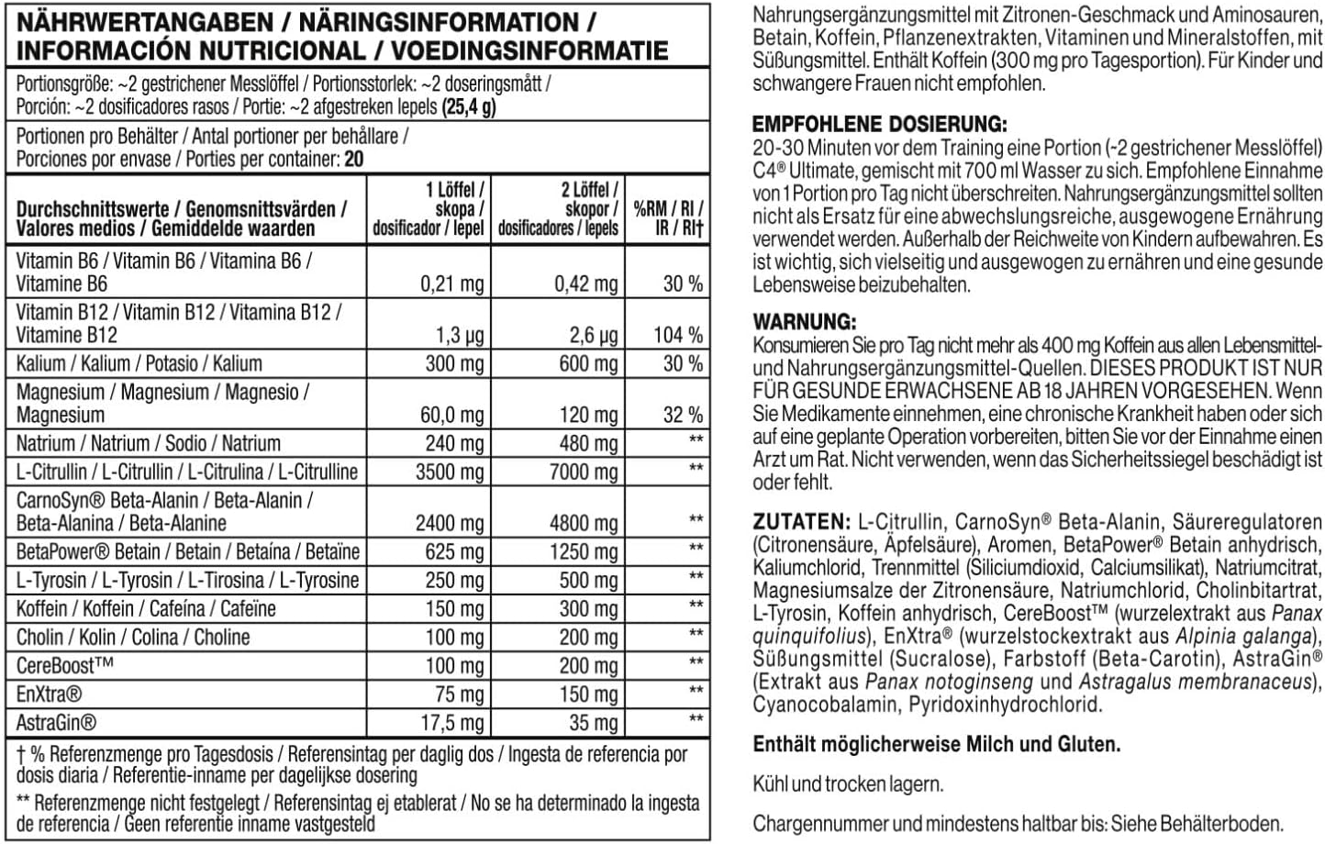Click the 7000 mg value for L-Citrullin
pyautogui.click(x=587, y=472)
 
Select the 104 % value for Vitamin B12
pyautogui.click(x=678, y=335)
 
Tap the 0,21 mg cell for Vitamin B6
pyautogui.click(x=451, y=283)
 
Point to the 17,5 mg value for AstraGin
pyautogui.click(x=451, y=723)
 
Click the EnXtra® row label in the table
pyautogui.click(x=50, y=694)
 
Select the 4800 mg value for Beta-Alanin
pyautogui.click(x=587, y=523)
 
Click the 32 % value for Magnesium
pyautogui.click(x=683, y=415)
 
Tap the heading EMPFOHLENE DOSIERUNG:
pyautogui.click(x=879, y=124)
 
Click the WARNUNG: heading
pyautogui.click(x=805, y=322)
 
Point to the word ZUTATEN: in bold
pyautogui.click(x=801, y=522)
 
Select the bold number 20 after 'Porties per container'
pyautogui.click(x=353, y=159)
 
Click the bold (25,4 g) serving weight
pyautogui.click(x=469, y=106)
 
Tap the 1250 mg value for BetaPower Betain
pyautogui.click(x=587, y=552)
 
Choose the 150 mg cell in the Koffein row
pyautogui.click(x=454, y=609)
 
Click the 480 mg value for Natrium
pyautogui.click(x=589, y=443)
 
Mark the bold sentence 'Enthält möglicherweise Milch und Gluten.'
pyautogui.click(x=936, y=745)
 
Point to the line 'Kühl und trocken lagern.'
pyautogui.click(x=848, y=784)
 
